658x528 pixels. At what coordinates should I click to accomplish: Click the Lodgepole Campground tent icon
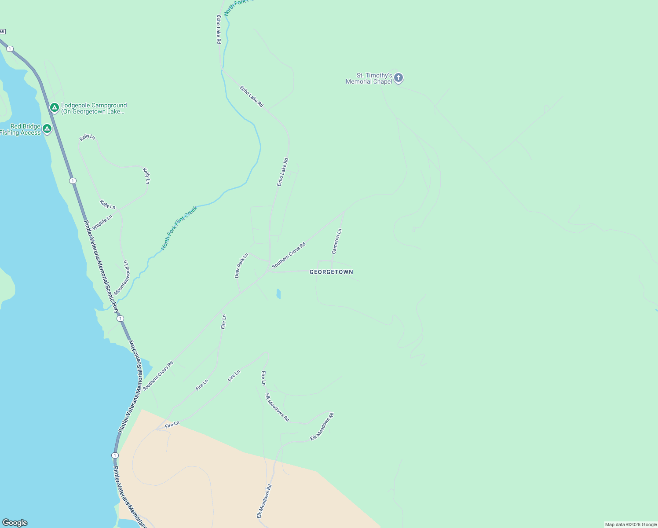[54, 107]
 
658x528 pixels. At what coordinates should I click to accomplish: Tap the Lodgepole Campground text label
[94, 108]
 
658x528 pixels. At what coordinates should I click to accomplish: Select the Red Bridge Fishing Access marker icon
[47, 128]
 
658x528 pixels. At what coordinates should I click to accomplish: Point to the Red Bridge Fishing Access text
[21, 130]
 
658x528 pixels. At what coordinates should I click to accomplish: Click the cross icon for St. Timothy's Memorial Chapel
[398, 78]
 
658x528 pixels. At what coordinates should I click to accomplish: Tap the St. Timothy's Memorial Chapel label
[369, 79]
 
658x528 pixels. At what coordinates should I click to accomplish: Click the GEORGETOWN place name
[331, 272]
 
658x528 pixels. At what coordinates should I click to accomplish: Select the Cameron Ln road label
[336, 242]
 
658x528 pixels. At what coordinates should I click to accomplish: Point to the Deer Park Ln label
[241, 265]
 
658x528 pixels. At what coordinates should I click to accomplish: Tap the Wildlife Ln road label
[102, 222]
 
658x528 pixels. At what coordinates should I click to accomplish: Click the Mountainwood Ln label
[122, 278]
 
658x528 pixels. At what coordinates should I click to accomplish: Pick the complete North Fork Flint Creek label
[179, 228]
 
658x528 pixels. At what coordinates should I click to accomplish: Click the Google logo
[15, 523]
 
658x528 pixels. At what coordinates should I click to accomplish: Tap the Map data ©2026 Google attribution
[631, 524]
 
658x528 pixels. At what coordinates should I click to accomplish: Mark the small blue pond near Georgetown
[278, 293]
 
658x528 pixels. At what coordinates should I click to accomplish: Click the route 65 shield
[2, 32]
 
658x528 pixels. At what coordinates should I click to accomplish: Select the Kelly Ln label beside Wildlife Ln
[107, 204]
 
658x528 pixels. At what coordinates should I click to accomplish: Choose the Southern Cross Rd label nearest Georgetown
[289, 255]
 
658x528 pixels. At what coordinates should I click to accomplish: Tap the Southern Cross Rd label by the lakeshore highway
[158, 376]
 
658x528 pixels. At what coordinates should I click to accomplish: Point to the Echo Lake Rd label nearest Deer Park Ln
[282, 172]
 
